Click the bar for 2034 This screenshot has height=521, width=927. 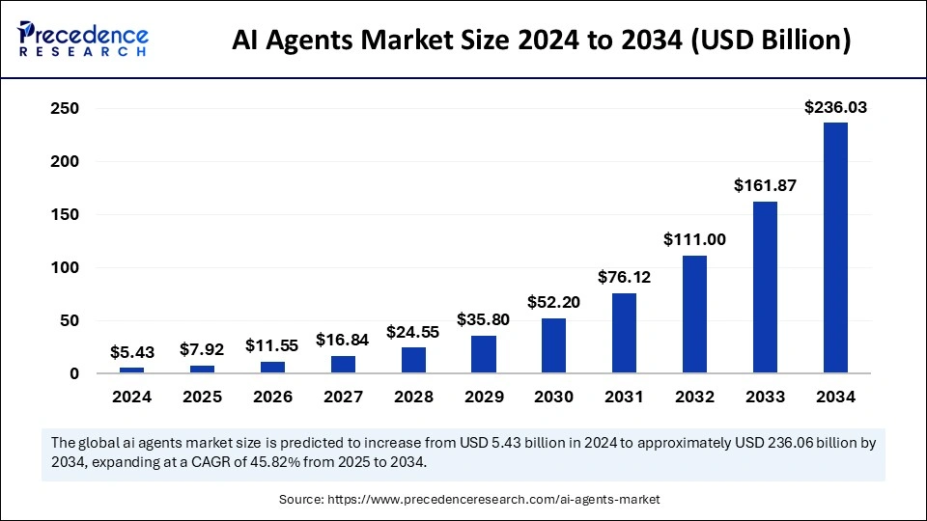pos(835,248)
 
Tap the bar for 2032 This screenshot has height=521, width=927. pos(694,315)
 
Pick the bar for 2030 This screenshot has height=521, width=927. pos(553,345)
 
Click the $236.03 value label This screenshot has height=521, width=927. pos(835,108)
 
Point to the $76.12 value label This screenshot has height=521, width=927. pos(624,278)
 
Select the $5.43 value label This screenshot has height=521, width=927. pos(131,353)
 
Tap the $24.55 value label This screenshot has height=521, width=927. pos(412,332)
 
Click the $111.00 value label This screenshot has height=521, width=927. pos(694,240)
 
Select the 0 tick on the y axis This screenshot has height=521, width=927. pos(72,374)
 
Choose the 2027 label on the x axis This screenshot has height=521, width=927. pos(342,397)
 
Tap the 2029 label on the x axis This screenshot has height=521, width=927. pos(483,397)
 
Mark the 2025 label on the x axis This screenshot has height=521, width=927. pos(202,397)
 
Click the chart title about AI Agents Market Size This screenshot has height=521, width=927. pos(542,41)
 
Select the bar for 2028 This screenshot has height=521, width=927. pos(412,361)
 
